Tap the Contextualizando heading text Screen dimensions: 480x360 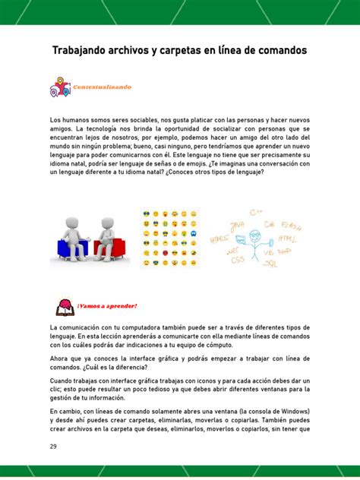tap(102, 87)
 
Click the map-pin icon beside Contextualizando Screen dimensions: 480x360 tap(60, 87)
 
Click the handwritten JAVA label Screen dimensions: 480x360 tap(236, 226)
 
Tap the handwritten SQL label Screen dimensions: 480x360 tap(270, 263)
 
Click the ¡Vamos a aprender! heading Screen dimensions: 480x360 tap(106, 306)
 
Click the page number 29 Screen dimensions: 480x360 tap(54, 446)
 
